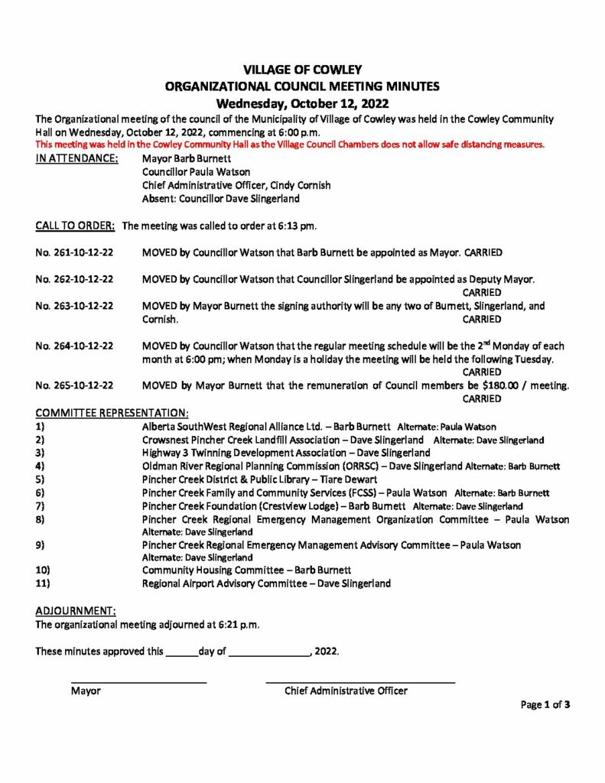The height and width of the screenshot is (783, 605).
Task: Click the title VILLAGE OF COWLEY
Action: tap(302, 70)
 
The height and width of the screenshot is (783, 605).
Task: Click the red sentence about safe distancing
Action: tap(290, 145)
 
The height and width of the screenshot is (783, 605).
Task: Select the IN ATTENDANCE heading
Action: tap(76, 158)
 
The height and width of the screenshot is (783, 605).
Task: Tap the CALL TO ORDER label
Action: tap(75, 226)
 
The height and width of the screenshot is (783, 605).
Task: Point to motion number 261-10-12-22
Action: tap(75, 252)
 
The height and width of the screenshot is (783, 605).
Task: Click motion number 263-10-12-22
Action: tap(75, 306)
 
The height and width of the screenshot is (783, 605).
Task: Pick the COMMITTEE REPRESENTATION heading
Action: tap(112, 413)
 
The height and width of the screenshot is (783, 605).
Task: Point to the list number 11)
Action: tap(43, 583)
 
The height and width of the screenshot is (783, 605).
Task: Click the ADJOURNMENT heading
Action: tap(76, 611)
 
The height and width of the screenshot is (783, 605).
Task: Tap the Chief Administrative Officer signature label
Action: tap(346, 691)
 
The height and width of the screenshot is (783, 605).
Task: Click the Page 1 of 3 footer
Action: tap(545, 705)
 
